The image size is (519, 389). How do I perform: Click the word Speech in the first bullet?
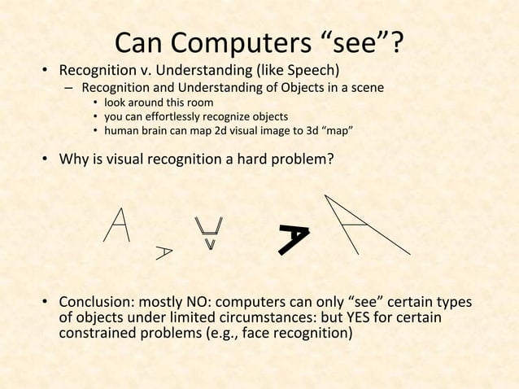click(x=310, y=68)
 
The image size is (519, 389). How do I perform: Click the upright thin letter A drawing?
click(x=118, y=225)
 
